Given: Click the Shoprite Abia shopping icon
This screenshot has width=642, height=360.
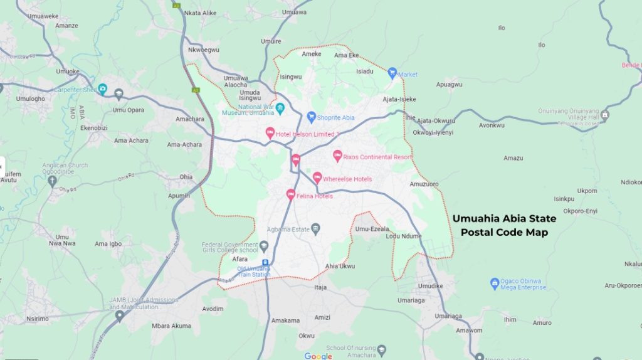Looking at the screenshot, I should [x=312, y=117].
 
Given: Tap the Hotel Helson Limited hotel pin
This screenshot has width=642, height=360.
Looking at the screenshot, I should [x=270, y=133].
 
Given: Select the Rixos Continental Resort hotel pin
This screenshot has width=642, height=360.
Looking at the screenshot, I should [x=337, y=156].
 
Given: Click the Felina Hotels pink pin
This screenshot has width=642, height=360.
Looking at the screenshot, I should [x=291, y=195].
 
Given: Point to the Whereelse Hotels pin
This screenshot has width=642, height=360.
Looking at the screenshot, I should [x=317, y=178].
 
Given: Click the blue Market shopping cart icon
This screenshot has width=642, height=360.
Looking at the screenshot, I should [x=392, y=73].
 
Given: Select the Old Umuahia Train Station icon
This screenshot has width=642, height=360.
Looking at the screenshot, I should [x=266, y=263].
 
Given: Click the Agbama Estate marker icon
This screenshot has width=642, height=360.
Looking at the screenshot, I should [x=317, y=228].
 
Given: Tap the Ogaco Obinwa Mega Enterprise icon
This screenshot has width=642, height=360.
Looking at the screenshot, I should [x=494, y=283].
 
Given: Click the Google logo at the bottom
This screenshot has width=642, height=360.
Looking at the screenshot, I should [x=318, y=356].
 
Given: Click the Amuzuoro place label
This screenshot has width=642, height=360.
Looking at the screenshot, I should [x=424, y=184].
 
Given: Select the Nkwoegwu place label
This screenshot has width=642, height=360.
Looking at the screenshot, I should [x=204, y=50].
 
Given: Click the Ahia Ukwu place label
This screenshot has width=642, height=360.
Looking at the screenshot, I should [x=340, y=266].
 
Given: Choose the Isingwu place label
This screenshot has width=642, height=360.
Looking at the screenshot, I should [x=290, y=77].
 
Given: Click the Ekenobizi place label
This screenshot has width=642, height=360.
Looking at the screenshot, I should [x=94, y=127].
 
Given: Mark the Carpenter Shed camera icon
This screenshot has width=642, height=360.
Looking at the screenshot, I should [x=103, y=89].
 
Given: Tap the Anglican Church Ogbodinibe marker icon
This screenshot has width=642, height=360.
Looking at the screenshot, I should [x=52, y=181].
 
